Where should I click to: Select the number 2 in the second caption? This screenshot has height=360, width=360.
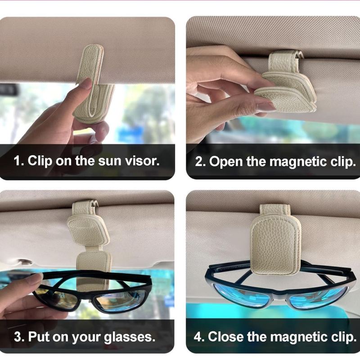199,162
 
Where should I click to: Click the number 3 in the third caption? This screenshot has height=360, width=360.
18,337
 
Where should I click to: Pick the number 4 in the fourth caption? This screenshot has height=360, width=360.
198,337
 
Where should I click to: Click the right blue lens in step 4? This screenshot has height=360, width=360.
318,297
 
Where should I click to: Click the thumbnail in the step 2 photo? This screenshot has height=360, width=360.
266,107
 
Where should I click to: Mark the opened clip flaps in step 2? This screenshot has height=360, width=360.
286,91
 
